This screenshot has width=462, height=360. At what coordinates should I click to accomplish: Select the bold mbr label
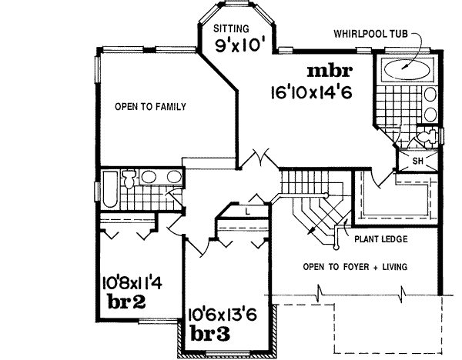pyautogui.click(x=330, y=72)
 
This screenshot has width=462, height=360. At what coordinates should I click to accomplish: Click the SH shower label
pyautogui.click(x=418, y=161)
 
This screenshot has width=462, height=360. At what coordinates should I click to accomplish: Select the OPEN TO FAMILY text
pyautogui.click(x=151, y=107)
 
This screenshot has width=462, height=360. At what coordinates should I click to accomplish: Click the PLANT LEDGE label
pyautogui.click(x=381, y=239)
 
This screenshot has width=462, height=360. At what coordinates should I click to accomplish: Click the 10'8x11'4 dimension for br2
pyautogui.click(x=131, y=282)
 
